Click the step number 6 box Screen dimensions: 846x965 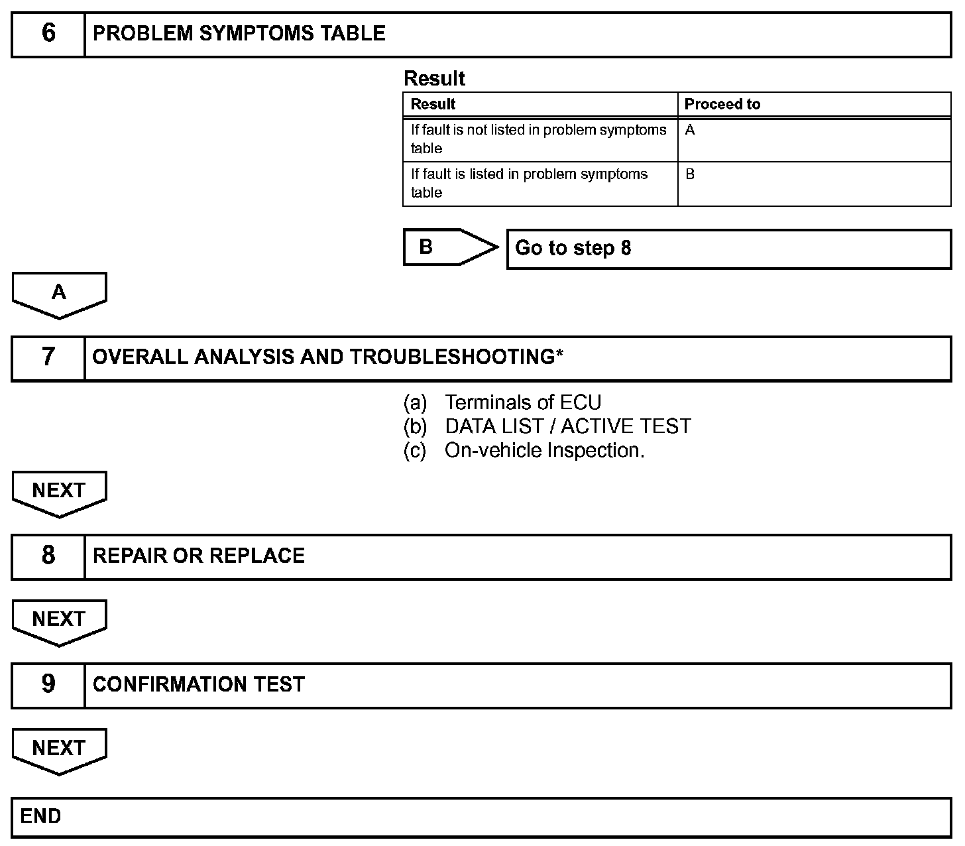click(48, 34)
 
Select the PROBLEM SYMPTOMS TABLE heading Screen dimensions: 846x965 click(239, 34)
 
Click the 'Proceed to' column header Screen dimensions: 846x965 click(722, 104)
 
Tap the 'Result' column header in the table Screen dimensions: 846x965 click(433, 104)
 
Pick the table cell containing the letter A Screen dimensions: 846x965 click(814, 139)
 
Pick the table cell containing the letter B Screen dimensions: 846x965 click(814, 184)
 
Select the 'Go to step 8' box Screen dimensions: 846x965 click(728, 249)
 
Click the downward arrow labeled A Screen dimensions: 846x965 click(59, 294)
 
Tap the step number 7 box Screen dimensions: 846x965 click(48, 357)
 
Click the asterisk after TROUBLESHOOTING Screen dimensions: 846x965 click(559, 355)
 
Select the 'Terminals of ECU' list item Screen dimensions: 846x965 click(523, 402)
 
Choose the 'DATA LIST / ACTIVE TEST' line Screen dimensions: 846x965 click(567, 426)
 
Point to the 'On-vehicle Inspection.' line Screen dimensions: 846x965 click(544, 450)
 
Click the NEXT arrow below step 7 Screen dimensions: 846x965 click(59, 493)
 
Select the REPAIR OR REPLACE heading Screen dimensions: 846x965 click(199, 556)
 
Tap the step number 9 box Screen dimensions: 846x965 click(48, 684)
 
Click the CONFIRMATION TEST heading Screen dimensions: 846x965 click(199, 684)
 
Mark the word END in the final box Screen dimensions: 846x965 click(40, 816)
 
